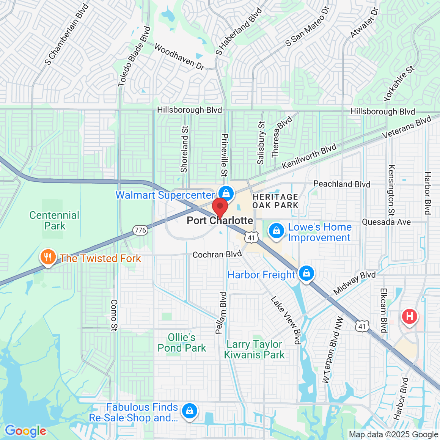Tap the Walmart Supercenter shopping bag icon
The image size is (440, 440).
[226, 193]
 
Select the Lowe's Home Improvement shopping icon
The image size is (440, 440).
[277, 231]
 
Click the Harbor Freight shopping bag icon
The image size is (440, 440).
[306, 273]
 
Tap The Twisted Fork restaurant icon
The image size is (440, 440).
[48, 257]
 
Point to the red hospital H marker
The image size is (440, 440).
[409, 316]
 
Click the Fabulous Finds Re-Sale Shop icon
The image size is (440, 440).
[189, 411]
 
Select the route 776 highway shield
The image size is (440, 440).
[140, 230]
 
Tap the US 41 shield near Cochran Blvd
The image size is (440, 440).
[251, 238]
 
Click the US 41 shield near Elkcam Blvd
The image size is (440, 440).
[362, 326]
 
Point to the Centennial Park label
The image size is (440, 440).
[55, 220]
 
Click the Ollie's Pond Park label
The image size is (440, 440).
[182, 343]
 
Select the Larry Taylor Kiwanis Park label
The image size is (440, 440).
[254, 349]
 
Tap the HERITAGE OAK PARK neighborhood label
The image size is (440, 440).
[275, 201]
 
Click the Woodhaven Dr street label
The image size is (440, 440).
[179, 57]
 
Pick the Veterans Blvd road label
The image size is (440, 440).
[407, 127]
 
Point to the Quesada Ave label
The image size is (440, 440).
[386, 222]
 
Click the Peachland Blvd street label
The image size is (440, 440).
[342, 184]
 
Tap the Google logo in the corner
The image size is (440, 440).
[26, 431]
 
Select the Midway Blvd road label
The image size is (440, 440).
[355, 283]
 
